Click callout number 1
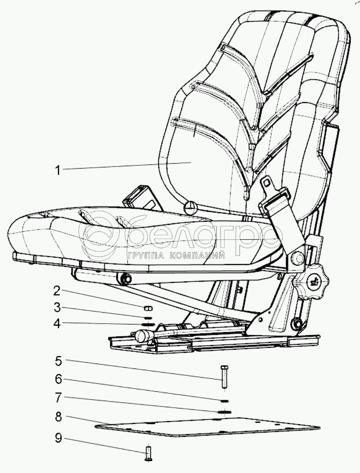[x=58, y=169]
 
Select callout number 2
[x=57, y=291]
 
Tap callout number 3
[x=57, y=307]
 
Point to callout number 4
[x=57, y=324]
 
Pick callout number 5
[x=58, y=361]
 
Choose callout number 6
[x=58, y=379]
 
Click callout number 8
[x=58, y=417]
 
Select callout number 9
[x=58, y=438]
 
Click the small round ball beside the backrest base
[x=190, y=208]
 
